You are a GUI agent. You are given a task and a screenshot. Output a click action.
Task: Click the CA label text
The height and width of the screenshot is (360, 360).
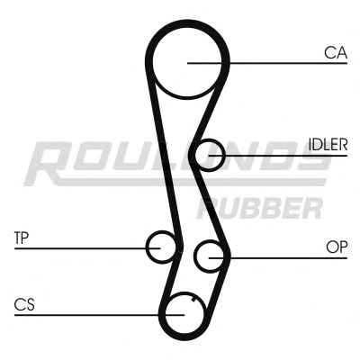(336, 53)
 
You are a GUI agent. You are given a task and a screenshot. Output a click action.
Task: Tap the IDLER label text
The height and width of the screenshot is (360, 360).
(328, 145)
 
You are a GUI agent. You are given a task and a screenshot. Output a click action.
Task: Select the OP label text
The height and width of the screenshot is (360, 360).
(337, 247)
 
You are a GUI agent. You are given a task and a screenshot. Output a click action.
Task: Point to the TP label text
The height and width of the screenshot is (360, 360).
(22, 238)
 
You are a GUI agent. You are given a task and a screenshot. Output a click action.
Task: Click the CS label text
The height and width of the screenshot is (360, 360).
(24, 304)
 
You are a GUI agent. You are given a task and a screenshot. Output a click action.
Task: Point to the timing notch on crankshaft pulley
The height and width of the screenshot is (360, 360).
(193, 299)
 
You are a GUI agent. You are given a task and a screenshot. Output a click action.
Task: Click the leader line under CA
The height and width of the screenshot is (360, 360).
(267, 63)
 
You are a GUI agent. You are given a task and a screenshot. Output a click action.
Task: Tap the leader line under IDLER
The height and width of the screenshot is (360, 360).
(278, 156)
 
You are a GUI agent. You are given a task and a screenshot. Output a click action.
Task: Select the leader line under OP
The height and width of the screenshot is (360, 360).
(278, 257)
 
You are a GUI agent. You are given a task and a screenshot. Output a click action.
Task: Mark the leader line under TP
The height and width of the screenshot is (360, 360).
(87, 248)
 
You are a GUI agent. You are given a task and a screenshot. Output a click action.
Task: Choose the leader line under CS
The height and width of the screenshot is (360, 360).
(99, 315)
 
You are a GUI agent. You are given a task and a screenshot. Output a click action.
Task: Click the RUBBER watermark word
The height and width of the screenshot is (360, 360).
(259, 208)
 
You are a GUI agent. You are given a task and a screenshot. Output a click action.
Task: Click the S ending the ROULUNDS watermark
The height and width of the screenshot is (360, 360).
(312, 156)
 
